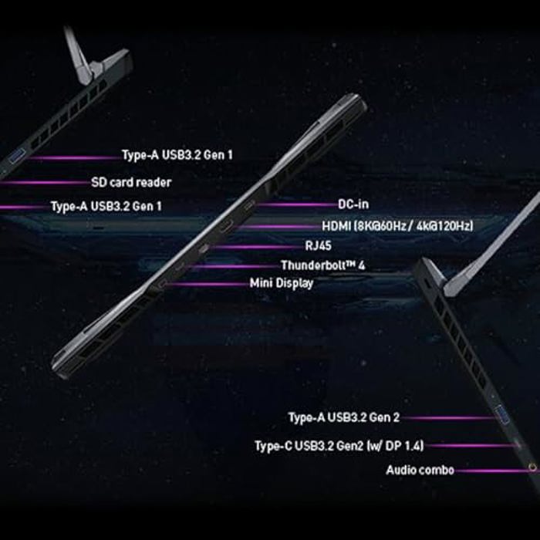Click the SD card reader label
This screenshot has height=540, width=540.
coord(131,182)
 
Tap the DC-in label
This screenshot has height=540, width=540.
coord(353,204)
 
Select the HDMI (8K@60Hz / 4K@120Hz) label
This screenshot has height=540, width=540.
coord(397,226)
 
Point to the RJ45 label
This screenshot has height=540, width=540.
coord(318,245)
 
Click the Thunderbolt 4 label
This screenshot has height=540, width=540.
coord(322,265)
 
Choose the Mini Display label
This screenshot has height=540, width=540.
coord(282,283)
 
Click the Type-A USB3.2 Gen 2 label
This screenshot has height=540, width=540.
coord(344,417)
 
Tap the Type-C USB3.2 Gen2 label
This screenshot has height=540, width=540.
coord(339,446)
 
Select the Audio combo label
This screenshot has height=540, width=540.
coord(420,470)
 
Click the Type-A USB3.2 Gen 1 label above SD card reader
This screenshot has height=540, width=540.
coord(177,155)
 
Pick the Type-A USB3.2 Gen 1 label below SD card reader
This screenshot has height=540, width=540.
coord(106,206)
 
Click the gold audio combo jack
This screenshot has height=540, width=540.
coord(532,467)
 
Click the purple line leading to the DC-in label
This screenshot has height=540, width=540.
coord(296,204)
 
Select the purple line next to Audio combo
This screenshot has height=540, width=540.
coord(492,471)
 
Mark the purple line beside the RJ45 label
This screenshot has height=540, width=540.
coord(256,247)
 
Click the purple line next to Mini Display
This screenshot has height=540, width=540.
coord(208,284)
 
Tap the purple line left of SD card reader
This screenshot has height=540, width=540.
coord(45,183)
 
